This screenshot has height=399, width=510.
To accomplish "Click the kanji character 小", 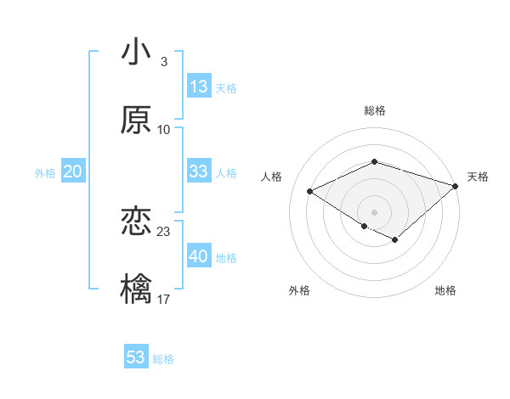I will pyautogui.click(x=136, y=53).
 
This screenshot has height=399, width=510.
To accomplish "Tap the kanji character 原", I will pyautogui.click(x=136, y=120).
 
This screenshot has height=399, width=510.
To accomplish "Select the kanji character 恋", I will pyautogui.click(x=136, y=222).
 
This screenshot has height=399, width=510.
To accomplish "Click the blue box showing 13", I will pyautogui.click(x=199, y=87).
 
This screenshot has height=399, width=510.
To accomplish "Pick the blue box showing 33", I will pyautogui.click(x=199, y=171).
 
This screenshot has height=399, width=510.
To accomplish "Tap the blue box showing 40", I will pyautogui.click(x=199, y=256).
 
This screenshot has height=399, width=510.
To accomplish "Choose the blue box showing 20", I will pyautogui.click(x=72, y=171).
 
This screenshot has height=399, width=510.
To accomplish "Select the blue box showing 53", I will pyautogui.click(x=136, y=357).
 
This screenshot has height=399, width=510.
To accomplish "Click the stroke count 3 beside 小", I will pyautogui.click(x=163, y=62).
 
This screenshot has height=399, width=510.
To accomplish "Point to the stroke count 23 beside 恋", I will pyautogui.click(x=164, y=232).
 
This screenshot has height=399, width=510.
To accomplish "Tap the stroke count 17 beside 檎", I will pyautogui.click(x=164, y=299).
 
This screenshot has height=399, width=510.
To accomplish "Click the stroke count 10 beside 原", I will pyautogui.click(x=164, y=129).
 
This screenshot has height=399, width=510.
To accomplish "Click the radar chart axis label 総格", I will pyautogui.click(x=375, y=111).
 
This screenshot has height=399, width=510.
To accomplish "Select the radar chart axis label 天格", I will pyautogui.click(x=478, y=177).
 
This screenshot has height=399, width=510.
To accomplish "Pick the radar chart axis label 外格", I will pyautogui.click(x=299, y=290).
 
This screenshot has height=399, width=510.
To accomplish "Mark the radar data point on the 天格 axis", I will pyautogui.click(x=456, y=185).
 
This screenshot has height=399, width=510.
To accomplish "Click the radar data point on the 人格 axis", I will pyautogui.click(x=310, y=192).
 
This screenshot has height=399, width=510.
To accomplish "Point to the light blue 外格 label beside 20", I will pyautogui.click(x=45, y=172).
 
